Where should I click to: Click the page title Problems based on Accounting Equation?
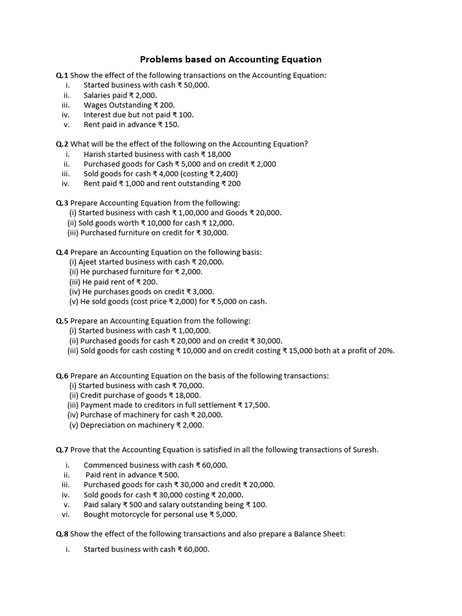(x=230, y=59)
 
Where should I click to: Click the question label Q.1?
(x=62, y=75)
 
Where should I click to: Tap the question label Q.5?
(x=62, y=321)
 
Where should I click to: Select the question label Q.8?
(x=62, y=534)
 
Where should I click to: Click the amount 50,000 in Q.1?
(x=196, y=85)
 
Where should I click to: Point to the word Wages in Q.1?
(x=96, y=105)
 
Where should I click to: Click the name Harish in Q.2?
(x=96, y=154)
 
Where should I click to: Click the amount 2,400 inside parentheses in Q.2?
(x=224, y=174)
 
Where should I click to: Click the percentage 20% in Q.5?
(x=386, y=350)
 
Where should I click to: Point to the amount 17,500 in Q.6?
(x=257, y=405)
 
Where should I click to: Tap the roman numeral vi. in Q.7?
(x=66, y=514)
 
